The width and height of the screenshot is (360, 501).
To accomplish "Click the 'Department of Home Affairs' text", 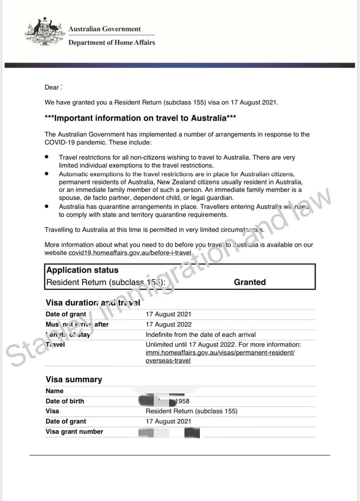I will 112,43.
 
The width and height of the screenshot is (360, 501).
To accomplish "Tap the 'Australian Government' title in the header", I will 105,29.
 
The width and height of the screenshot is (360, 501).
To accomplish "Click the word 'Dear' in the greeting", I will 52,87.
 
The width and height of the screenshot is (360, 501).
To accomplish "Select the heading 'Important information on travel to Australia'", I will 140,118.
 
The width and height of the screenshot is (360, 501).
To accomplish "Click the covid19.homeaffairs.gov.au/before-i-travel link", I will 130,253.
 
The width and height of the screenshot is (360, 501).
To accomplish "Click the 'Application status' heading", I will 82,270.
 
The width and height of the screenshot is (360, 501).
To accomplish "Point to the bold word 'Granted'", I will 250,282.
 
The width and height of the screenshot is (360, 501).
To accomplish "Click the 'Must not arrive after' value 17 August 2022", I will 168,325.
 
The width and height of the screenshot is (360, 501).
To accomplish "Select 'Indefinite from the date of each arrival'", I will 201,335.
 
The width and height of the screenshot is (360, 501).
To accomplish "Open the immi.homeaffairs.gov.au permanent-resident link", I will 220,353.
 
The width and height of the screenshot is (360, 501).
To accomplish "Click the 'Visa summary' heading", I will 74,380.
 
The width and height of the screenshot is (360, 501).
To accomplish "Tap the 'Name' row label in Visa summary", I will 54,391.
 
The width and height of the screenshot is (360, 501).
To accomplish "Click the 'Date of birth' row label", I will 65,401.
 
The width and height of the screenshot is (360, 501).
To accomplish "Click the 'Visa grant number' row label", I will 74,432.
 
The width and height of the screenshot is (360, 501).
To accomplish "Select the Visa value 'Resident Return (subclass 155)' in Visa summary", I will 191,411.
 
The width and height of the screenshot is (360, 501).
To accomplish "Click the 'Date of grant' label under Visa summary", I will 66,422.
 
